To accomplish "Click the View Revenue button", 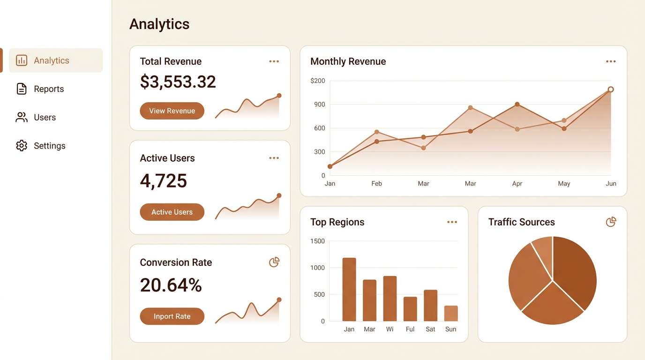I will tap(172, 111).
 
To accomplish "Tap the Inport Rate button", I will tap(172, 316).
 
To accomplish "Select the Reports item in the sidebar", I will tap(49, 89).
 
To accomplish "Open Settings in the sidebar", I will tap(49, 146).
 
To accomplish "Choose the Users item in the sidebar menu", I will tap(45, 117).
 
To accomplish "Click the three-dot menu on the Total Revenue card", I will tap(274, 61).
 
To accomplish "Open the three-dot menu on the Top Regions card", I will tap(452, 222).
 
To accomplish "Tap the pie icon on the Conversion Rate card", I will tap(274, 262).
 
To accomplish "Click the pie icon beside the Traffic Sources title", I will tap(611, 222).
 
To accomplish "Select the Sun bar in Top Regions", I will tap(451, 313).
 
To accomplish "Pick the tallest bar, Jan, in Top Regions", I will tap(349, 289).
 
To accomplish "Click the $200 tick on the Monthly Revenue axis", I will tap(317, 81).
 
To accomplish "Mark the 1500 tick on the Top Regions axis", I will tap(317, 241).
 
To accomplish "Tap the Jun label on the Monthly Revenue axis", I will tap(611, 184).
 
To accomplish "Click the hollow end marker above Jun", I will tap(611, 90).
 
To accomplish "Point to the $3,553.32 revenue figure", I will tap(178, 82).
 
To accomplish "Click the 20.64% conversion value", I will tap(171, 285).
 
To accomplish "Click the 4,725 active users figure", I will tap(164, 181).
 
